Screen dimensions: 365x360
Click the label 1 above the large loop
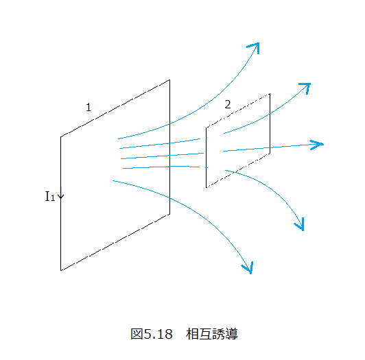89,107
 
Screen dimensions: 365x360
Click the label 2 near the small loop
228,104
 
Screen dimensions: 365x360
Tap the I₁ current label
50,196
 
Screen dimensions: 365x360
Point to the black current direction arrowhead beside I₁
61,195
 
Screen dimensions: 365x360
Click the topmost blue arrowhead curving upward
254,47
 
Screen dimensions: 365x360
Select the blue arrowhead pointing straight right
317,145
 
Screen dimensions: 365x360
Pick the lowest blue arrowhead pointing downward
248,267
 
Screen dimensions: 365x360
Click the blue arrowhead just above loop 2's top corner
305,88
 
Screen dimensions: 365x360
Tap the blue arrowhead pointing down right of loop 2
300,224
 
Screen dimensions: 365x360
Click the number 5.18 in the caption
158,334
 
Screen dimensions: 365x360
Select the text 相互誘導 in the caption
212,334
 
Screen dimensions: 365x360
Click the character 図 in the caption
137,334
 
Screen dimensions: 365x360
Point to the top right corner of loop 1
169,80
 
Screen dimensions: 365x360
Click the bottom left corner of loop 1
61,270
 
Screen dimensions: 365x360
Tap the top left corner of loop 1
61,137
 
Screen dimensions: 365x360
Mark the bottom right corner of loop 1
169,214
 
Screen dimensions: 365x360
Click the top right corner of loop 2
270,94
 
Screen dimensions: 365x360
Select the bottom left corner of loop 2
207,187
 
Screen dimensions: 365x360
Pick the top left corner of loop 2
207,128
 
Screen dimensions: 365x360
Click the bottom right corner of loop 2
270,154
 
